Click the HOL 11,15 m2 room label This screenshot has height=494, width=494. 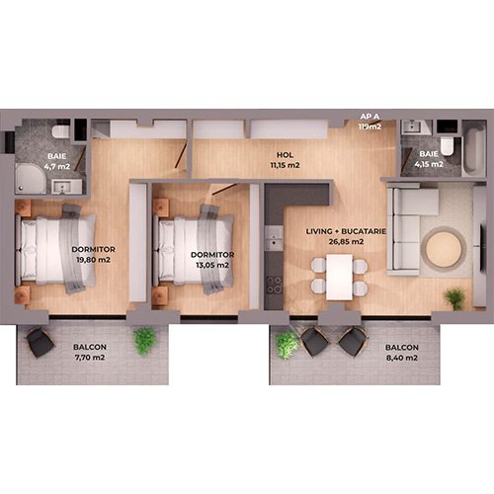point(285,160)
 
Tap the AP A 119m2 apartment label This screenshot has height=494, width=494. point(370,122)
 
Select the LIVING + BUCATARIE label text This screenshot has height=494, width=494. point(346,231)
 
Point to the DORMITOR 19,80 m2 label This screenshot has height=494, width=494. point(93,255)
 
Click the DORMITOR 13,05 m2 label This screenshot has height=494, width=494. point(212,260)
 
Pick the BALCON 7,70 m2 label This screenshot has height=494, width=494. point(90,352)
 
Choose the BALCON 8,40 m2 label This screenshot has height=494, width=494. point(402,353)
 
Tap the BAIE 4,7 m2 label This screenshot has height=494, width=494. point(57,161)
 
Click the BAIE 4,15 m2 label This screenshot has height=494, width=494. point(429,159)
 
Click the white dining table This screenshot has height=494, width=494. point(339,277)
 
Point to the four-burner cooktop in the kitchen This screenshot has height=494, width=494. point(275,286)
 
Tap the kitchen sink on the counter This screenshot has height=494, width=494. point(274,238)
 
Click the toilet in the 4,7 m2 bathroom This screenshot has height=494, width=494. point(61,131)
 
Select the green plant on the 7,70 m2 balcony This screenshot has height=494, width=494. point(144,341)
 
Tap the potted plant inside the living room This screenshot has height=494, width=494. point(454,297)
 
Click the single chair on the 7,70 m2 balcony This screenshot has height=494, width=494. point(40,343)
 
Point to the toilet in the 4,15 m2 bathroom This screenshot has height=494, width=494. point(448,146)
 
